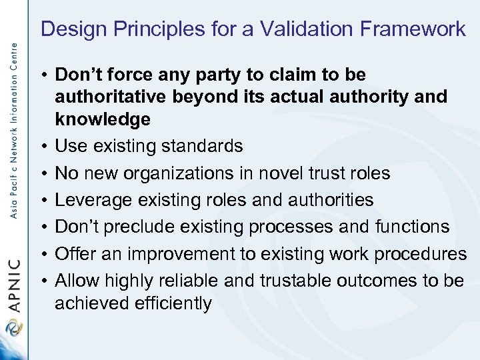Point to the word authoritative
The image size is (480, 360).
pos(110,97)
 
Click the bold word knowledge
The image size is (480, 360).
pos(103,120)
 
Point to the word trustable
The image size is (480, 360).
pos(295,280)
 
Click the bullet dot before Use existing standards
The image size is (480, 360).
pos(42,147)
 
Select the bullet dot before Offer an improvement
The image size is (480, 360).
pos(42,253)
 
